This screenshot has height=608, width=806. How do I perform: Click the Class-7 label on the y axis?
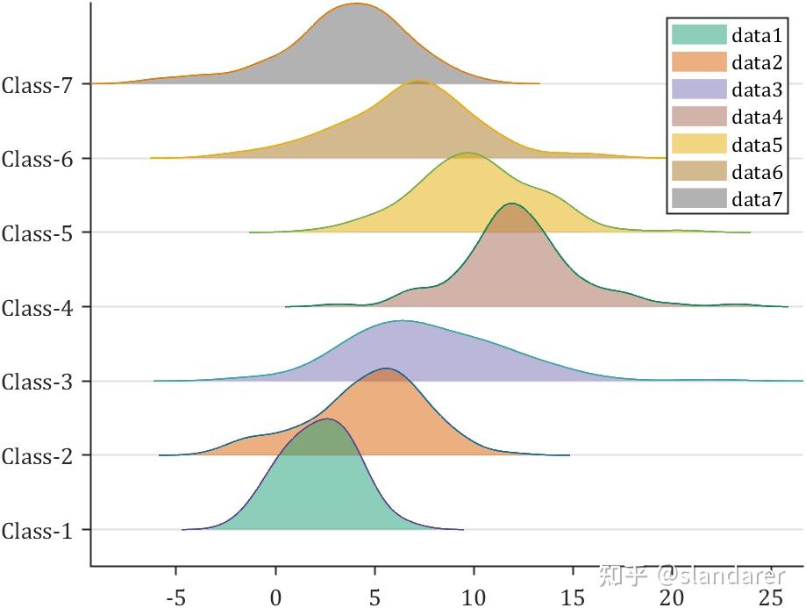tap(41, 85)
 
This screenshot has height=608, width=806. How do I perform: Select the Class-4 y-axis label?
tap(41, 308)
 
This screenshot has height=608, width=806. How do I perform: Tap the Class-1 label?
tap(41, 531)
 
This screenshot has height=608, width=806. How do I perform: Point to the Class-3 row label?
tap(41, 383)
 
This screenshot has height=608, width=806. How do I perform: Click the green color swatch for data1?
tap(699, 35)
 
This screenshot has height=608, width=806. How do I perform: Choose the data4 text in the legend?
tap(757, 118)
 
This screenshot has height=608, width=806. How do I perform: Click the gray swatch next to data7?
tap(699, 199)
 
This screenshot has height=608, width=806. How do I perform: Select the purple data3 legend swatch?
tap(699, 89)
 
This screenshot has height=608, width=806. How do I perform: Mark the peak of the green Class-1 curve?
tap(326, 419)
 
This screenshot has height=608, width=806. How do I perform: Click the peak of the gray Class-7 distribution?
tap(354, 4)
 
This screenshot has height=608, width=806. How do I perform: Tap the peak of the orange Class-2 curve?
tap(384, 368)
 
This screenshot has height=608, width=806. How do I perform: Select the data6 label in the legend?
tap(757, 172)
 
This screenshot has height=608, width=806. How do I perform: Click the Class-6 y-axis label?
tap(41, 160)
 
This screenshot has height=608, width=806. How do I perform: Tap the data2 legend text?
tap(757, 62)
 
